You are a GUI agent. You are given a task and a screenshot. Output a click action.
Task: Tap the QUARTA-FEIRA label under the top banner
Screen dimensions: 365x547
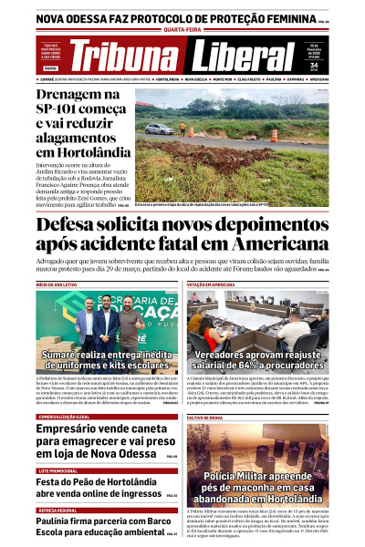click(x=182, y=28)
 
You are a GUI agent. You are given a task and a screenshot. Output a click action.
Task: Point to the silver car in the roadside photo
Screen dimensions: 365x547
click(x=160, y=129)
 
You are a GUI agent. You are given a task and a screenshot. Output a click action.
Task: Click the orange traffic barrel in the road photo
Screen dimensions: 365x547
click(x=274, y=133)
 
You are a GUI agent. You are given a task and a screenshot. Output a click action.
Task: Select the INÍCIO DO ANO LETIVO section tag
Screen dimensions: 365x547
click(x=58, y=284)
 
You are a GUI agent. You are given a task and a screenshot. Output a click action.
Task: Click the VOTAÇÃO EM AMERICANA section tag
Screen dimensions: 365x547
click(x=216, y=284)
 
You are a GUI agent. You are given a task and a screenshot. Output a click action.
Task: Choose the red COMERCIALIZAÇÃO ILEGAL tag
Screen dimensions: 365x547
click(x=63, y=417)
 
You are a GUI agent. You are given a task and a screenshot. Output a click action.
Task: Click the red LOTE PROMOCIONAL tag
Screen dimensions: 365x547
click(x=56, y=471)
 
